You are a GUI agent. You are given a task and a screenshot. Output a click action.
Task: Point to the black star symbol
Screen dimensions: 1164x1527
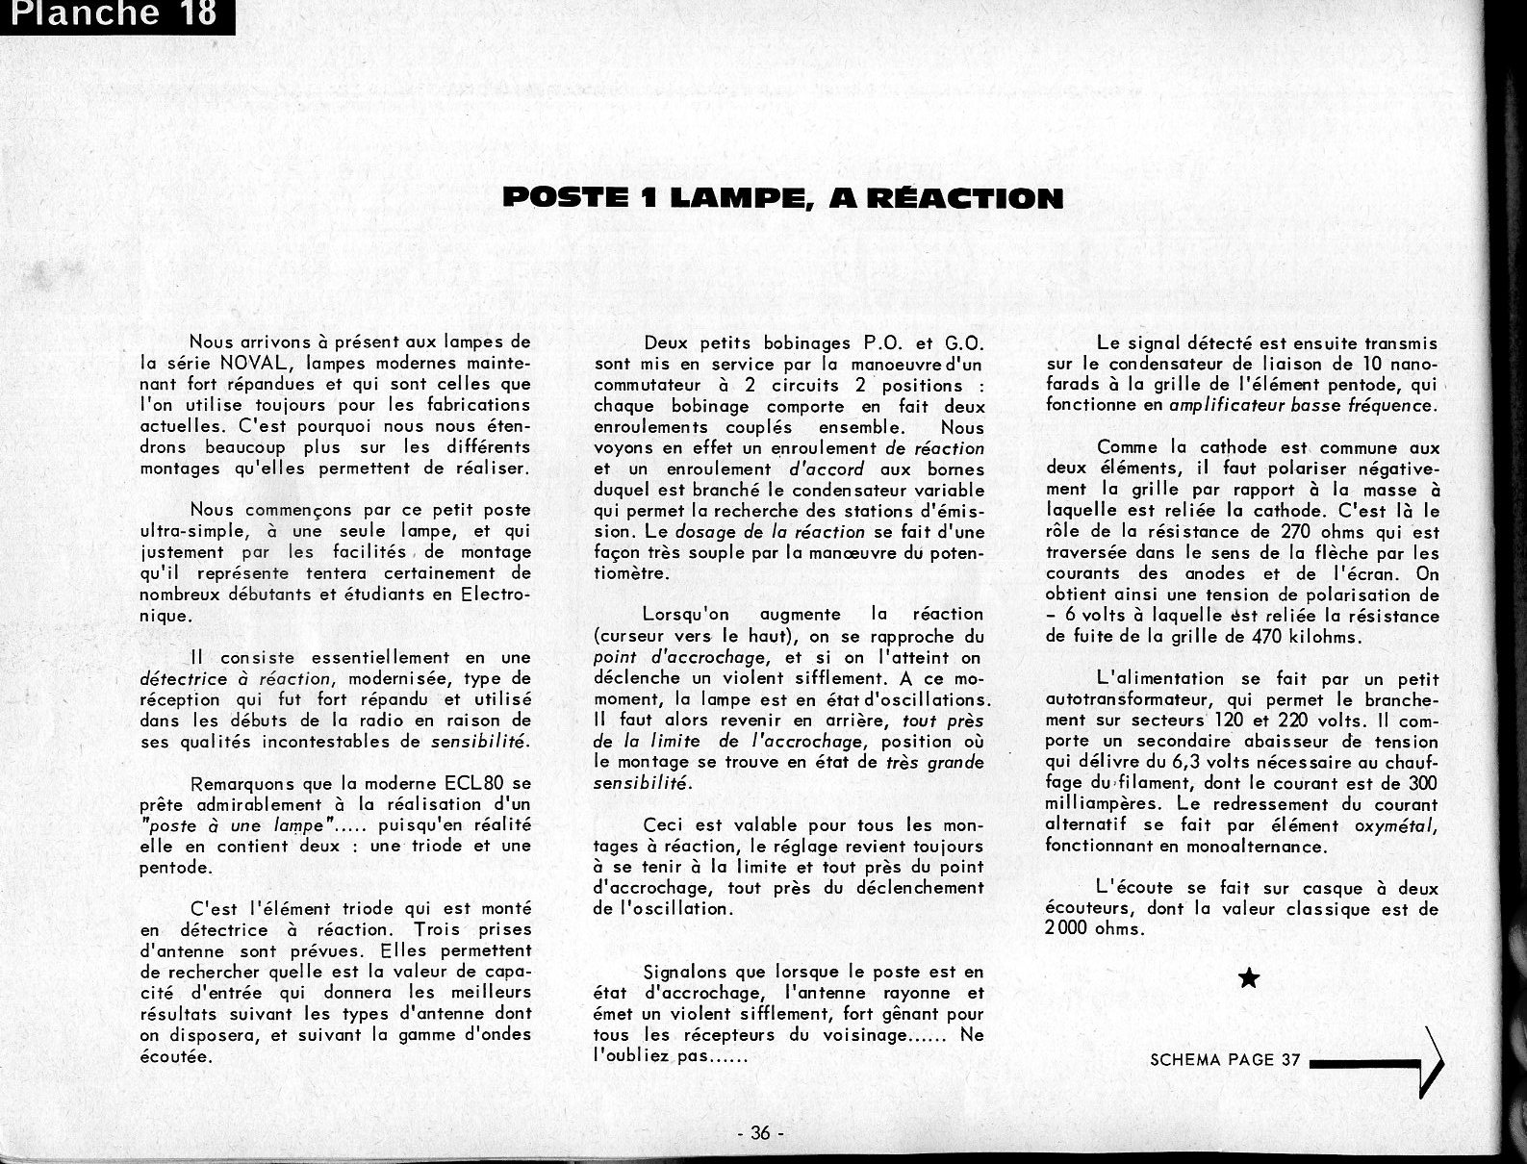[x=1249, y=979]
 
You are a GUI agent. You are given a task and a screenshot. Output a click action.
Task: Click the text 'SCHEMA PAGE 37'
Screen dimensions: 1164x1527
[x=1225, y=1060]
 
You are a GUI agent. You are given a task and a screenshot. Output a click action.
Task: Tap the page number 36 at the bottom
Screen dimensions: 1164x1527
[x=760, y=1133]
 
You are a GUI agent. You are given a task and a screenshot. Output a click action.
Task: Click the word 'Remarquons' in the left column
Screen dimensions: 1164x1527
[x=243, y=784]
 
